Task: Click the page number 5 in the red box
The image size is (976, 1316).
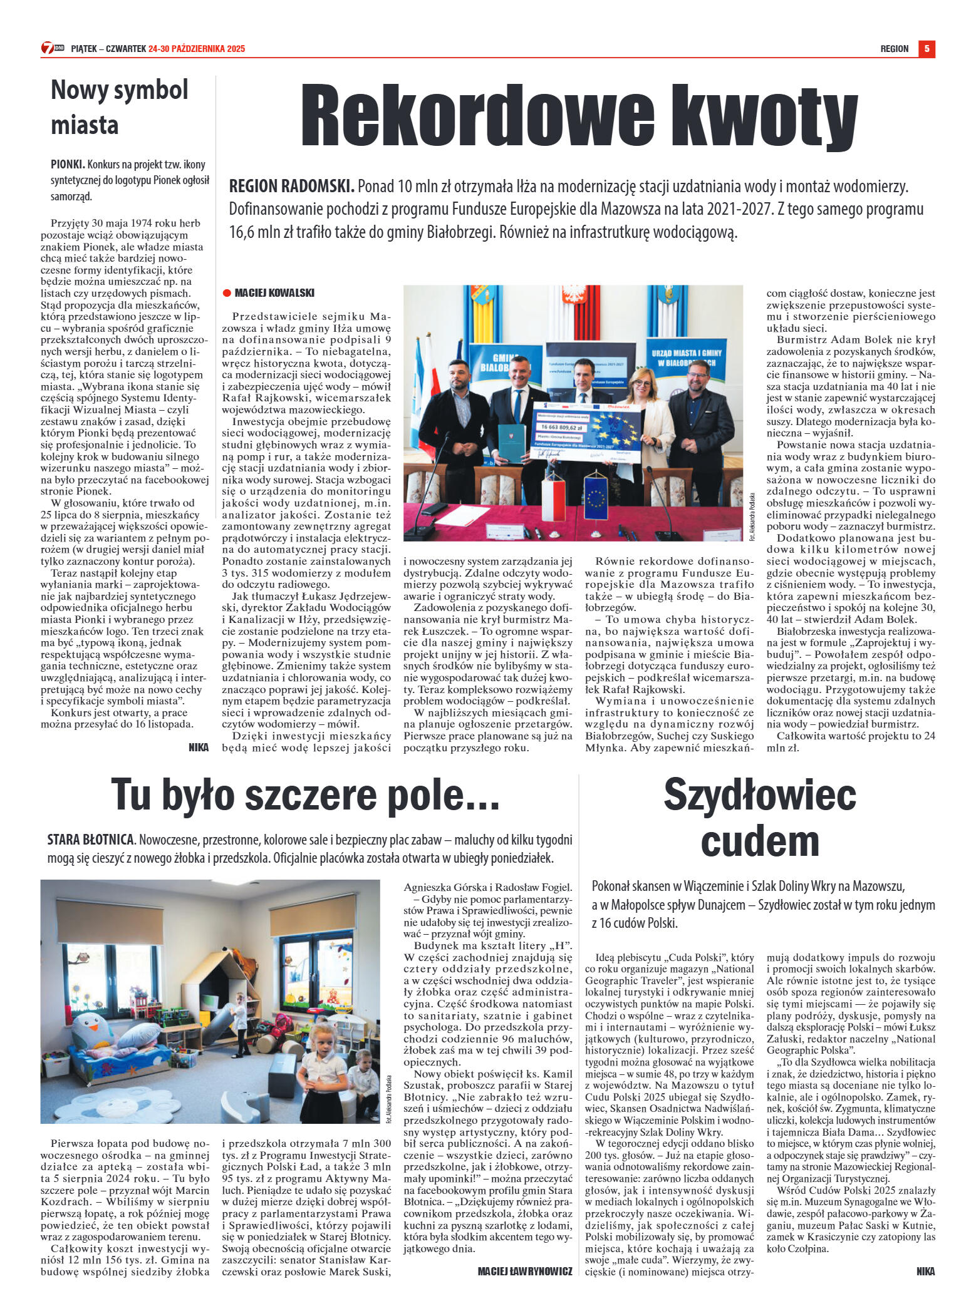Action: coord(927,49)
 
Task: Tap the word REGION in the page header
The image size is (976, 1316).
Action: coord(894,49)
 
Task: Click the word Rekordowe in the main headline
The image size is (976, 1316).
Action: coord(476,116)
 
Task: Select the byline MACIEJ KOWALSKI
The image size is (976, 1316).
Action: coord(274,293)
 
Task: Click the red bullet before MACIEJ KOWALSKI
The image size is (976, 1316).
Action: coord(227,293)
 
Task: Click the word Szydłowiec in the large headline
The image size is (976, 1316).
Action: coord(759,794)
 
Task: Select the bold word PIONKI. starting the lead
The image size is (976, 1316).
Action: coord(68,165)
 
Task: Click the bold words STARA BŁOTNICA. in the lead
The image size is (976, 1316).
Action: coord(91,840)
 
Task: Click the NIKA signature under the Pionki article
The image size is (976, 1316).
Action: coord(198,747)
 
